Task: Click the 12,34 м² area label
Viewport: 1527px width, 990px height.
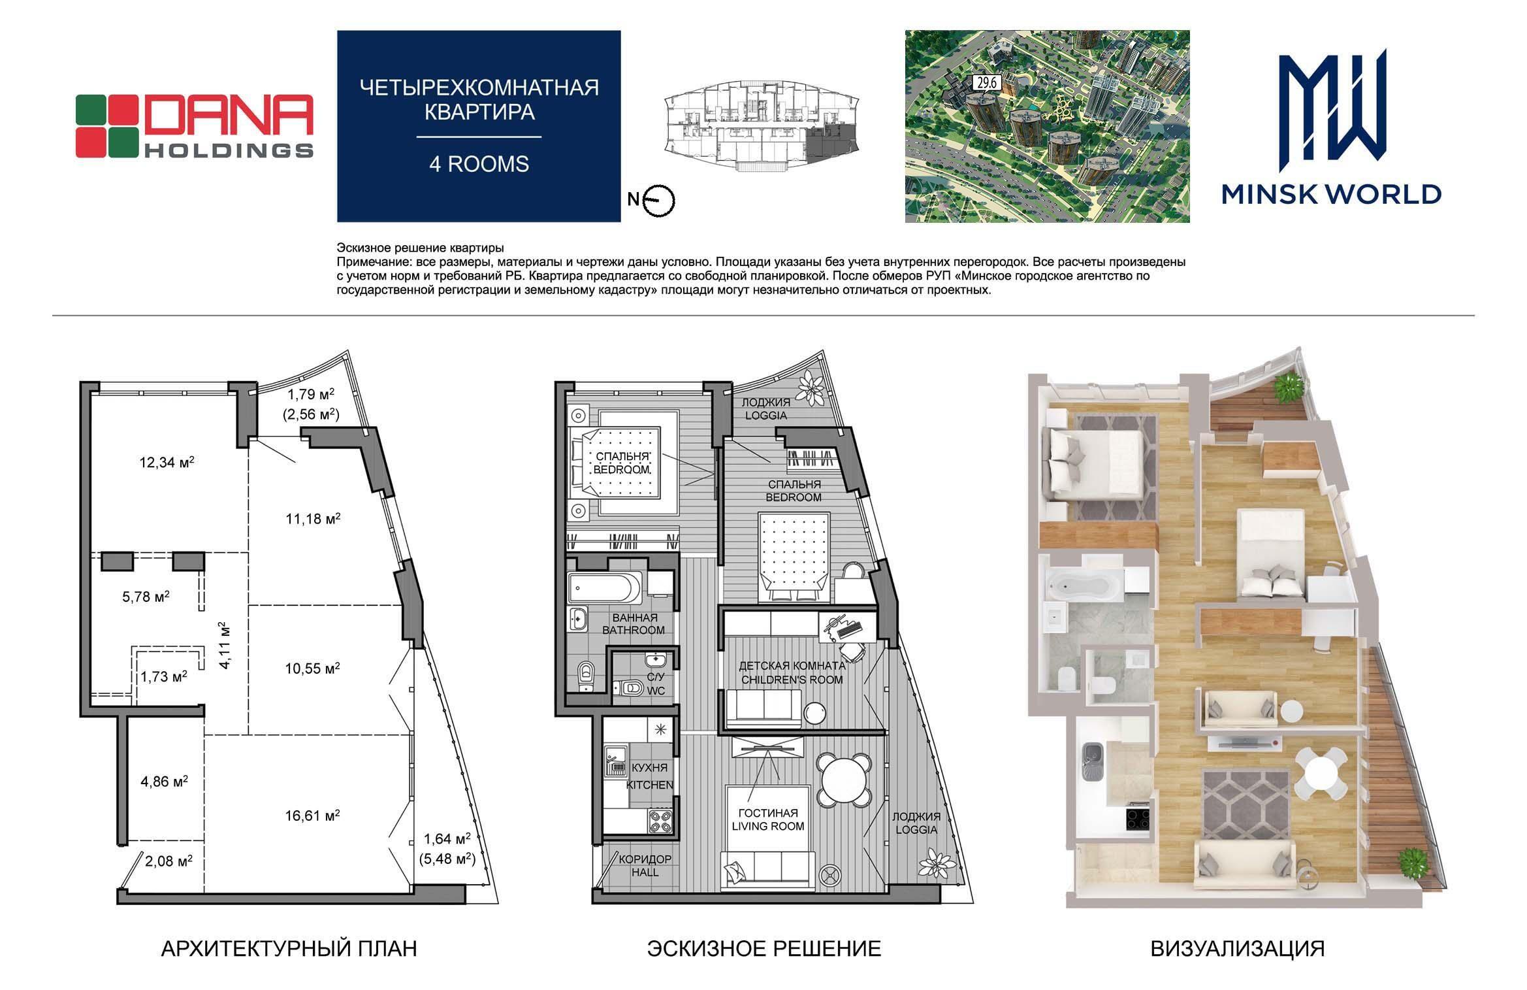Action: tap(167, 463)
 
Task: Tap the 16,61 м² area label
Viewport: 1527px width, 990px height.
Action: tap(312, 816)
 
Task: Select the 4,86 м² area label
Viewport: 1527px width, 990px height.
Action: tap(165, 781)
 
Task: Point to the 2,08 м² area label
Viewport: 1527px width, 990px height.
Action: tap(169, 861)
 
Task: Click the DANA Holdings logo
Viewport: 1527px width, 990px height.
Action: tap(195, 126)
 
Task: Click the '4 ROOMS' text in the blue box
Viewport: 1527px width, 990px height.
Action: tap(479, 163)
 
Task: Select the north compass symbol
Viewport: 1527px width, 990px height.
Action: tap(658, 201)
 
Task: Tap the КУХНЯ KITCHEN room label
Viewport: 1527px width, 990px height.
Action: tap(649, 776)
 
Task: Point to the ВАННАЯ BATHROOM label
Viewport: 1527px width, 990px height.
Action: tap(634, 623)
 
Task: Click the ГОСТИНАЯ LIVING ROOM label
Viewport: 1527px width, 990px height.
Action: tap(768, 819)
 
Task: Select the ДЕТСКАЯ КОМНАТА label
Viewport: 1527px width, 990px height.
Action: tap(792, 665)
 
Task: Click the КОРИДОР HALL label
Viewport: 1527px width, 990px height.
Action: tap(645, 866)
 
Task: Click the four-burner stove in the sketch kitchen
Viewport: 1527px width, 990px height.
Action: tap(661, 821)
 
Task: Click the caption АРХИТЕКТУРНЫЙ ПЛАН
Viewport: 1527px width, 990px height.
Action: tap(289, 948)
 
